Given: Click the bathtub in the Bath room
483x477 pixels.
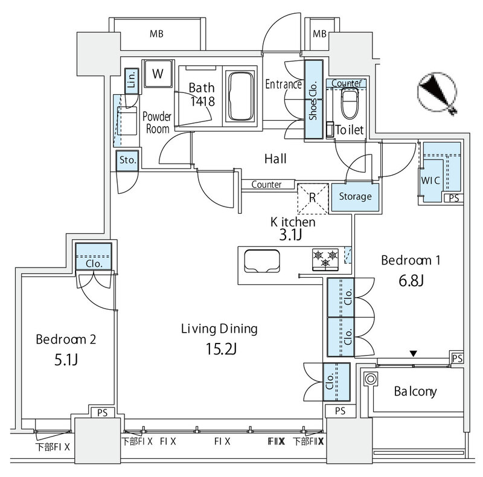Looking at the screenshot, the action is coord(241,97).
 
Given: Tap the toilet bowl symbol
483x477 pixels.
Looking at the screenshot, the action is coord(350,104).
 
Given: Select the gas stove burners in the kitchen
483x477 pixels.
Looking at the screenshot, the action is coord(325,259).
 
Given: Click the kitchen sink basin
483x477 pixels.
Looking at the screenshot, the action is coord(262,261).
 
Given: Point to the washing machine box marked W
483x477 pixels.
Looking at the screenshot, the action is coord(158,74).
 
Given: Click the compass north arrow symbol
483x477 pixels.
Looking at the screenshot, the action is coord(437,92).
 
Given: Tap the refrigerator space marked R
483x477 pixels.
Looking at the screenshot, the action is coord(313,199).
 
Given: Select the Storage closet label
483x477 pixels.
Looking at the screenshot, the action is coord(355,196).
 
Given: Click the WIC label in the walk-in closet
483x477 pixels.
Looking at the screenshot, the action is coord(430,181).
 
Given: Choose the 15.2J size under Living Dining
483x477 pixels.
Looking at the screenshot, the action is coord(221,349).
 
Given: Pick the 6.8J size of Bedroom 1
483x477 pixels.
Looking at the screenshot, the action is coord(411,280).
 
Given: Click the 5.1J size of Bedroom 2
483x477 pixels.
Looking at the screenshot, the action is coord(66,359).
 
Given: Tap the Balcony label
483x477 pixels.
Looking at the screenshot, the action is coord(415,391).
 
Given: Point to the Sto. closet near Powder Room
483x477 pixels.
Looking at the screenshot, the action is coord(127,160).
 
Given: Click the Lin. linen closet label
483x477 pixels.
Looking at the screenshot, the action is coord(132,80).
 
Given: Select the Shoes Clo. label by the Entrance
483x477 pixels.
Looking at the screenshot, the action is coord(313,101).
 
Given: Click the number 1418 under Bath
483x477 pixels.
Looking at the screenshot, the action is coord(202,101).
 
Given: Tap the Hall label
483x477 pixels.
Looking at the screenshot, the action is coord(275,159).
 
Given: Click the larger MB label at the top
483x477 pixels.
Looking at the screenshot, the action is coord(156,34).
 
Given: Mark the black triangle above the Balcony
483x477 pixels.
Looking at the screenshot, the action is coord(414,353).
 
